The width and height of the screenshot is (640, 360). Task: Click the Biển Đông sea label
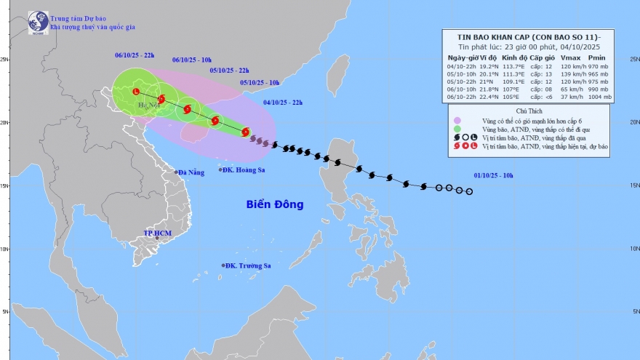point(273,204)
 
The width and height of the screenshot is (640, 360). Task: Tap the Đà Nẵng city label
point(190,172)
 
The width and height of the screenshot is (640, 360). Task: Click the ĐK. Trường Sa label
point(248,265)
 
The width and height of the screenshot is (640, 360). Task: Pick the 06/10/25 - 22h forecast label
point(135,55)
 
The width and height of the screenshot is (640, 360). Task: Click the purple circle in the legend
point(457,121)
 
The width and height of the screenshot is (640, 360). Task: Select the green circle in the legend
point(457,129)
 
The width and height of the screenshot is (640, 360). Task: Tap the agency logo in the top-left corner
point(38,22)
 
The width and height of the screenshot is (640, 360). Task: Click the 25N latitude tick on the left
point(4,60)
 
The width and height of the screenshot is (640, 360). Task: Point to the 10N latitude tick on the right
point(634,248)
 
